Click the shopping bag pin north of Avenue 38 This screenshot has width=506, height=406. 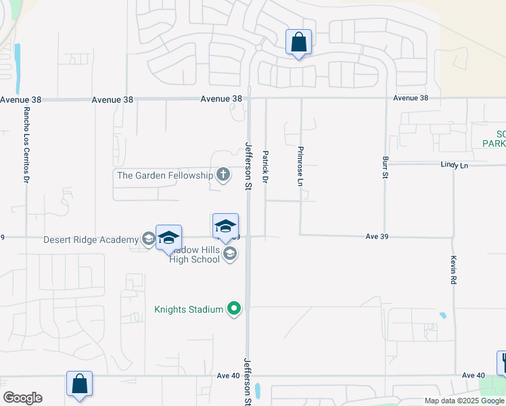pyautogui.click(x=298, y=43)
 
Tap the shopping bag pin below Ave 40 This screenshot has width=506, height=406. pyautogui.click(x=79, y=384)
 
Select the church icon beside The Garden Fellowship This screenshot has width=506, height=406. pyautogui.click(x=223, y=175)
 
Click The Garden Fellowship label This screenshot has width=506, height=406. pyautogui.click(x=165, y=175)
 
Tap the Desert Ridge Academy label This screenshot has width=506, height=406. pyautogui.click(x=91, y=239)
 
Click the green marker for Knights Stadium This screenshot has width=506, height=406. pyautogui.click(x=234, y=309)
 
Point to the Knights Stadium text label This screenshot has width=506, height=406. pyautogui.click(x=189, y=309)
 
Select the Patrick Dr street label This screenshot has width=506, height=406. pyautogui.click(x=266, y=168)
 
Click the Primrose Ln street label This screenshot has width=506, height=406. pyautogui.click(x=300, y=166)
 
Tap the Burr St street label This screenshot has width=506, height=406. pyautogui.click(x=384, y=166)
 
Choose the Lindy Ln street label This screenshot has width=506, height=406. pyautogui.click(x=454, y=164)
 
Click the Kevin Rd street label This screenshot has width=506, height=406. pyautogui.click(x=453, y=269)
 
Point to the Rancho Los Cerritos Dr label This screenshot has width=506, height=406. pyautogui.click(x=26, y=145)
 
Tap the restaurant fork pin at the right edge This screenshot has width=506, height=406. pyautogui.click(x=503, y=362)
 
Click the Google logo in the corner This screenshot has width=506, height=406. pyautogui.click(x=22, y=398)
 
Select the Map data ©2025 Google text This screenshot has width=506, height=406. pyautogui.click(x=463, y=401)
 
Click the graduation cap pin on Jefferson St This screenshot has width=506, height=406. pyautogui.click(x=225, y=227)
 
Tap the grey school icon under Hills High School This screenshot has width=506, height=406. pyautogui.click(x=230, y=254)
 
